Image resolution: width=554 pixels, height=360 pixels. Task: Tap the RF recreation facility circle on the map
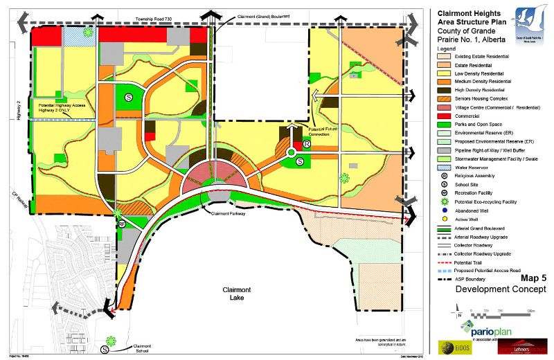[x=120, y=224]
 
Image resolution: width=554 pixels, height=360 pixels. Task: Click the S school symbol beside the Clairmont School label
[x=105, y=350]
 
